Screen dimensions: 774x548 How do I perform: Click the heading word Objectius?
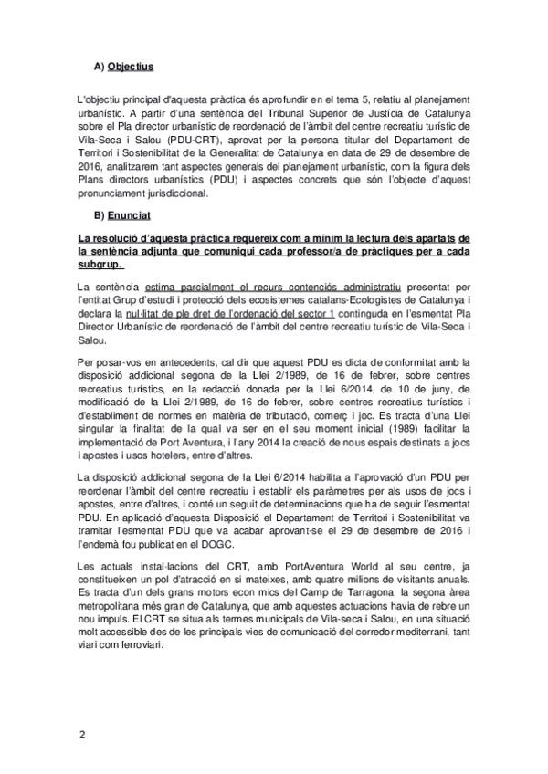[x=130, y=67]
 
